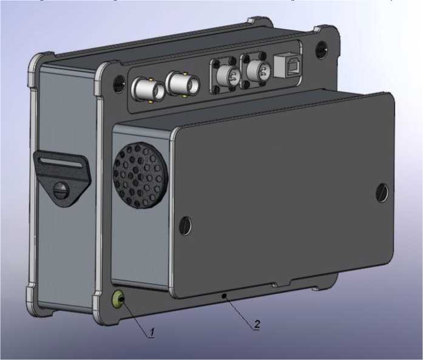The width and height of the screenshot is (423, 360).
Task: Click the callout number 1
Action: [x=152, y=332]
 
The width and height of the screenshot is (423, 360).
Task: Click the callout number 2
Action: [x=257, y=324]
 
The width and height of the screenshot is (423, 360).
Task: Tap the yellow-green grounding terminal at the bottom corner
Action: [x=118, y=299]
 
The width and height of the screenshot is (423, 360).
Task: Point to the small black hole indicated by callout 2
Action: [x=224, y=296]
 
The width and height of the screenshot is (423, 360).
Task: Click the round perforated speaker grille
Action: [x=140, y=175]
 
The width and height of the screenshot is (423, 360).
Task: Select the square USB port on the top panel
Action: [x=287, y=66]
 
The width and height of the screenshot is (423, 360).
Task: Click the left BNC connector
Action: [x=148, y=90]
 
